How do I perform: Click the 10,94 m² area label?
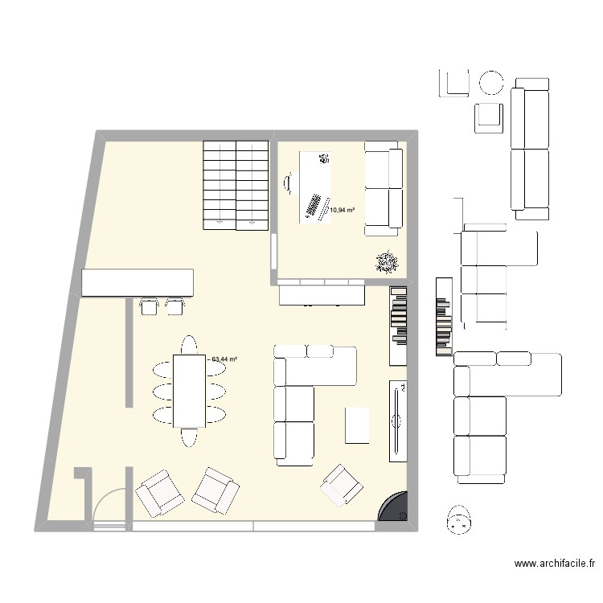(342, 211)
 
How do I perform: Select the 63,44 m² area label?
(224, 360)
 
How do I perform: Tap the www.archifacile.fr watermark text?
(555, 565)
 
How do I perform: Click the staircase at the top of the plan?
(235, 184)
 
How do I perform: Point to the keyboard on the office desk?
(312, 207)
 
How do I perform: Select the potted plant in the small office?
(387, 262)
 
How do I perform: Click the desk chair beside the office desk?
(288, 184)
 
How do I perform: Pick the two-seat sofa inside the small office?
(383, 188)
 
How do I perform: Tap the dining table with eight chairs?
(189, 390)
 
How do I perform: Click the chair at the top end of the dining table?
(189, 344)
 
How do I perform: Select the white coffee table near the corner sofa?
(357, 425)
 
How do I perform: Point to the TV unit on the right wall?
(398, 421)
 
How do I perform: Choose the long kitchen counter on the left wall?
(137, 282)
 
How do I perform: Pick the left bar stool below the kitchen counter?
(149, 306)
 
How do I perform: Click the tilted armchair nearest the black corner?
(343, 485)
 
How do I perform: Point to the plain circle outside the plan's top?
(491, 82)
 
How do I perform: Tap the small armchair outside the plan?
(489, 117)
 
